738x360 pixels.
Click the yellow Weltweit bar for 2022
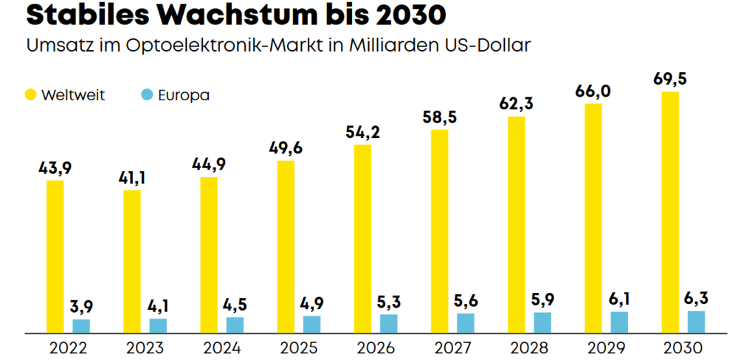point(55,257)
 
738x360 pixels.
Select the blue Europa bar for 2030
point(696,322)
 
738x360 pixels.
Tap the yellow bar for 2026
point(362,239)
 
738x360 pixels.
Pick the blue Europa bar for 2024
point(235,325)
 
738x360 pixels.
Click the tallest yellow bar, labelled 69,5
point(670,212)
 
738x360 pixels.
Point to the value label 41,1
point(132,179)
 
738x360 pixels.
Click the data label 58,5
point(439,118)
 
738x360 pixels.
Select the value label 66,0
point(593,91)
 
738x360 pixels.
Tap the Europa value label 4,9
point(311,304)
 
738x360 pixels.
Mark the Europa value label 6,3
point(696,299)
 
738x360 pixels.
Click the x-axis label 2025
point(299,349)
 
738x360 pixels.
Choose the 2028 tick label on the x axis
point(529,349)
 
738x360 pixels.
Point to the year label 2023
point(145,349)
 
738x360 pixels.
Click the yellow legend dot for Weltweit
point(30,95)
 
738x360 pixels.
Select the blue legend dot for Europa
point(148,95)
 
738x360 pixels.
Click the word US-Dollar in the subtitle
point(486,46)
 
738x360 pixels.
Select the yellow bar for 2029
point(593,219)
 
